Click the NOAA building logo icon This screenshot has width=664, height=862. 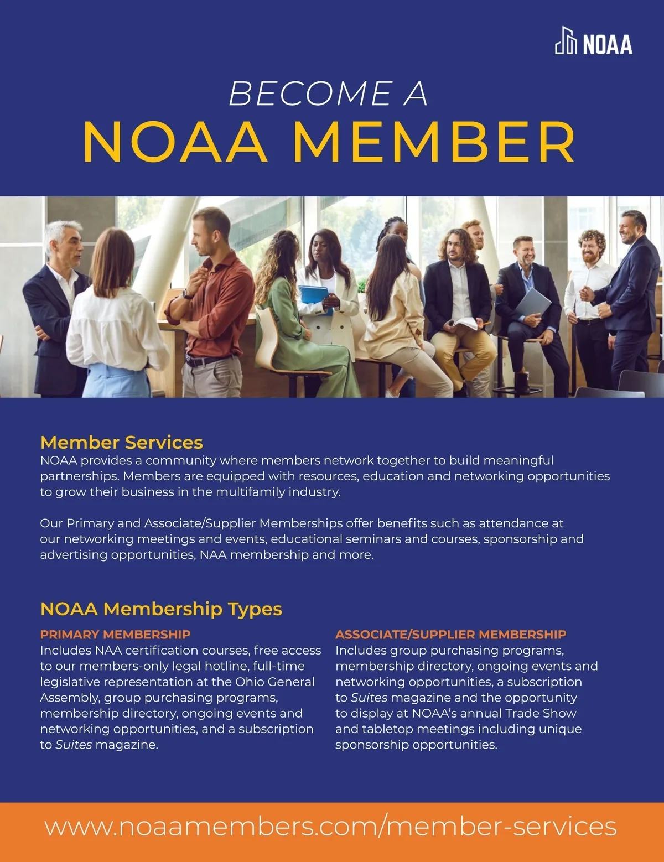point(566,41)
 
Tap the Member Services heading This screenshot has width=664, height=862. point(121,442)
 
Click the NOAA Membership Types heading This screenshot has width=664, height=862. point(161,609)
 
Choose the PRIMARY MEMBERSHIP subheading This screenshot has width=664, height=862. point(115,634)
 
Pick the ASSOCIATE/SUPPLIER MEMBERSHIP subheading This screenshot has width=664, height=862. point(450,634)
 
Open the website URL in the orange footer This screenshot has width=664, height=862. point(330,826)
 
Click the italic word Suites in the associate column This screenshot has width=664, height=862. point(369,698)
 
